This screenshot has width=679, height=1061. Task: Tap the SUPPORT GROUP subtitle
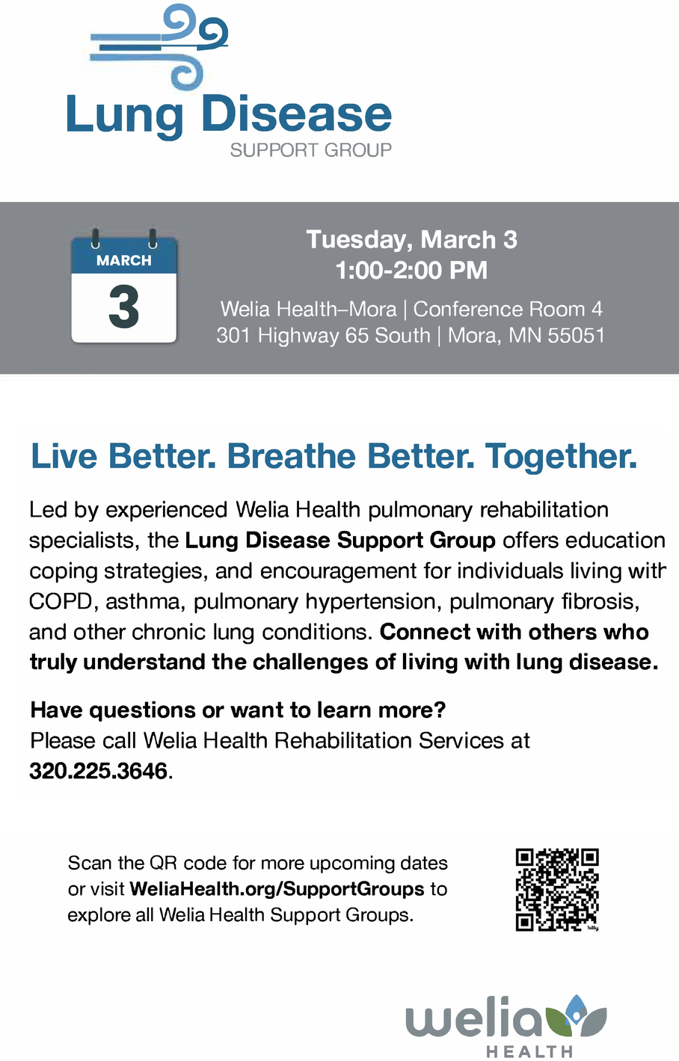[311, 150]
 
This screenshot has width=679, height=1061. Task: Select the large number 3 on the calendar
[123, 307]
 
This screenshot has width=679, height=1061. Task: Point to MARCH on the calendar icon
[123, 260]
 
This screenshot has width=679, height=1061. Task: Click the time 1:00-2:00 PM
[411, 270]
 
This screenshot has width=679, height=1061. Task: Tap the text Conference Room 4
[508, 309]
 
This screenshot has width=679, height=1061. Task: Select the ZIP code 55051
[577, 336]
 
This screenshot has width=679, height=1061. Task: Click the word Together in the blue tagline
[561, 456]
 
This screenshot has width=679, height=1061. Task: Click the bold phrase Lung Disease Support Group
[340, 540]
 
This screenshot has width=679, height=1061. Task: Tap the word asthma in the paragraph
[143, 602]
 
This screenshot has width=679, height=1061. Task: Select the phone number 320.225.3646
[99, 771]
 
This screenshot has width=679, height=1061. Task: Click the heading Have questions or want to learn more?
[238, 710]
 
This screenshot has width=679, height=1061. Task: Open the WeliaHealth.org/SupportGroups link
[277, 889]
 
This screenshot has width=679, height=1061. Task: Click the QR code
[557, 890]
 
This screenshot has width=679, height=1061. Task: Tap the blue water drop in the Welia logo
[575, 1009]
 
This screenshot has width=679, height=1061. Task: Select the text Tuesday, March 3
[411, 239]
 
